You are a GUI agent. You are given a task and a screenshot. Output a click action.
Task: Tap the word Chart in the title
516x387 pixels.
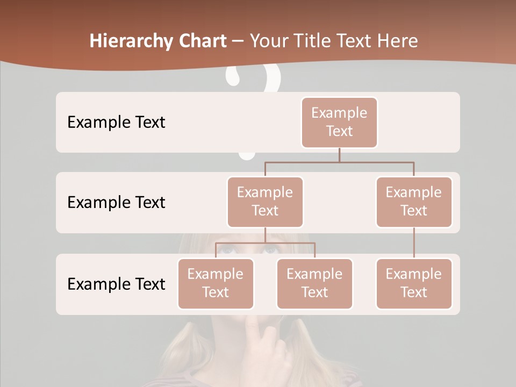(200, 41)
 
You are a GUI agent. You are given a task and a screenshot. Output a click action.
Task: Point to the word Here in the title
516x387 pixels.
(398, 41)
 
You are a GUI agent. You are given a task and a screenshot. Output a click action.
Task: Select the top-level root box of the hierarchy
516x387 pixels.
(339, 122)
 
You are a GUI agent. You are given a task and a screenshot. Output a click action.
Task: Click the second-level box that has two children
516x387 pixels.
(265, 202)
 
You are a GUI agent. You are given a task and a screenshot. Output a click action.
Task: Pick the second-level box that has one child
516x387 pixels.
(414, 202)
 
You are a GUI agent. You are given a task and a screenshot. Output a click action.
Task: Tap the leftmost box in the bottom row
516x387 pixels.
(216, 283)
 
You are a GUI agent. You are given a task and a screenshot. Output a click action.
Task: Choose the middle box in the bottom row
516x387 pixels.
(314, 283)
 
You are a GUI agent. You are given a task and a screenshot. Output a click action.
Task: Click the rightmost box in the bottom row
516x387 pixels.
(414, 283)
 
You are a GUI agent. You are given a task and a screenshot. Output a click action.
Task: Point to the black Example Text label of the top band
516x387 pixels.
(116, 123)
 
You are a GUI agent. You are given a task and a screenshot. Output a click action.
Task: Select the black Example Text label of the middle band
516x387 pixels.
(116, 203)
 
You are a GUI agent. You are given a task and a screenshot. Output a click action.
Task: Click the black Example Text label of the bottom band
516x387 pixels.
(116, 284)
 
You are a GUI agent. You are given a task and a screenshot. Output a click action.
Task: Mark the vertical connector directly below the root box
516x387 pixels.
(339, 155)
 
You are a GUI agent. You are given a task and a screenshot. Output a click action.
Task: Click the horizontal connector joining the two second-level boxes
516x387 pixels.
(339, 162)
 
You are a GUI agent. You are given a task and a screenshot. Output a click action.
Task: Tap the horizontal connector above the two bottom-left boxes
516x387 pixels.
(265, 243)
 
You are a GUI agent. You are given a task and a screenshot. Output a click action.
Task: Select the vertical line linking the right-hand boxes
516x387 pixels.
(414, 243)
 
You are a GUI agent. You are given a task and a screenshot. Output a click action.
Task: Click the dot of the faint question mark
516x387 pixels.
(247, 155)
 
